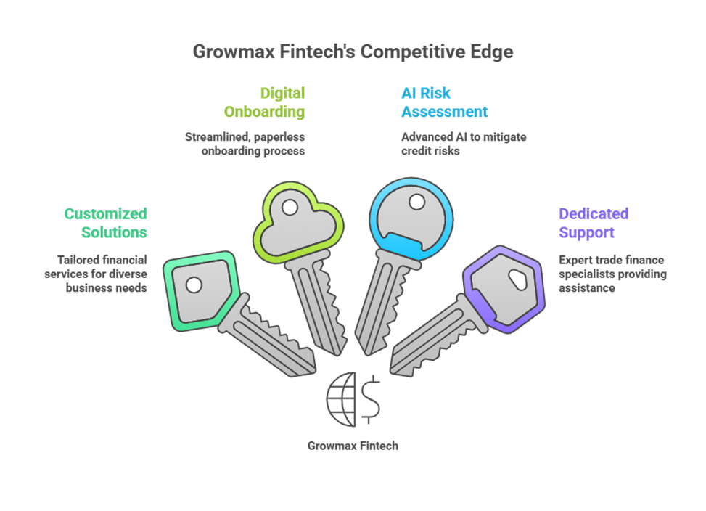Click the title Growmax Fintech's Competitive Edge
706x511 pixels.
pos(352,52)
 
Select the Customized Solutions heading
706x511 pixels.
pos(106,223)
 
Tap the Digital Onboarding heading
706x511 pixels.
pos(265,102)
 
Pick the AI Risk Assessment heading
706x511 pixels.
pos(444,102)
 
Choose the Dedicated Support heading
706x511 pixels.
pos(594,223)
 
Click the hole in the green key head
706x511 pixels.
pos(194,285)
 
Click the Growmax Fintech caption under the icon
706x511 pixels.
pos(353,446)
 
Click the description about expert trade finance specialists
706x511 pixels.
pos(612,274)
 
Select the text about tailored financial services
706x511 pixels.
pos(102,274)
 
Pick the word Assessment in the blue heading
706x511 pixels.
pos(444,112)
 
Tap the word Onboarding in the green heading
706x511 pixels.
pos(265,112)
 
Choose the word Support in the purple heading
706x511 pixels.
pos(587,232)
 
